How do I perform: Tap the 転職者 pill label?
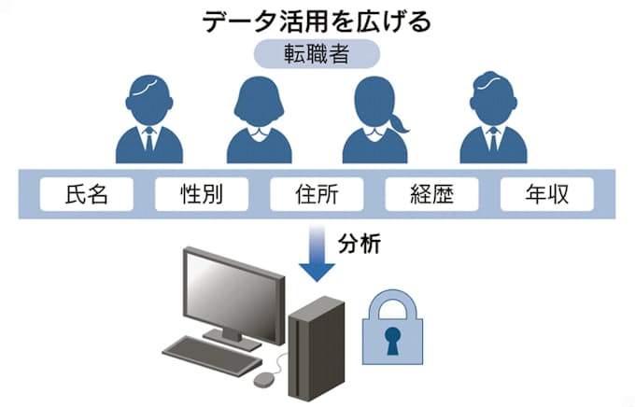click(317, 54)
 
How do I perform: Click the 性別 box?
click(202, 195)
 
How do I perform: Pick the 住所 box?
click(317, 195)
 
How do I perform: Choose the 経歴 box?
click(431, 195)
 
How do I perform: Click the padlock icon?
click(392, 331)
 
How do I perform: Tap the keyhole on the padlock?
click(392, 339)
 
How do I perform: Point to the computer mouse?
click(265, 379)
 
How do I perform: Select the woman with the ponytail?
click(376, 121)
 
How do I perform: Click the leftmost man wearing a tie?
click(148, 121)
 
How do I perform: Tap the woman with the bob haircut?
click(261, 121)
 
